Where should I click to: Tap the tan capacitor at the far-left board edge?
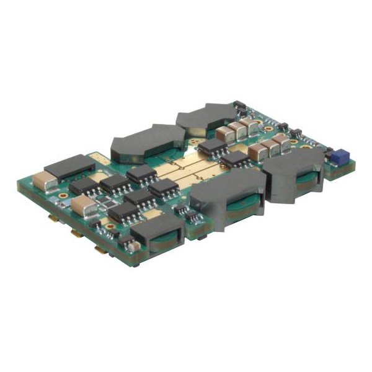click(x=46, y=179)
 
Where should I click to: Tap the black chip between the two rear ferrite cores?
click(x=212, y=146)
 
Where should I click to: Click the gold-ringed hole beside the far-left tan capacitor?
click(x=63, y=200)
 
